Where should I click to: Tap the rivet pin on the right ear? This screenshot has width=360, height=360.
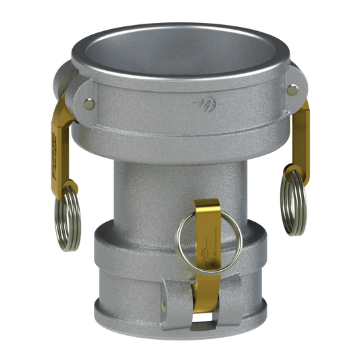coord(292,88)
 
